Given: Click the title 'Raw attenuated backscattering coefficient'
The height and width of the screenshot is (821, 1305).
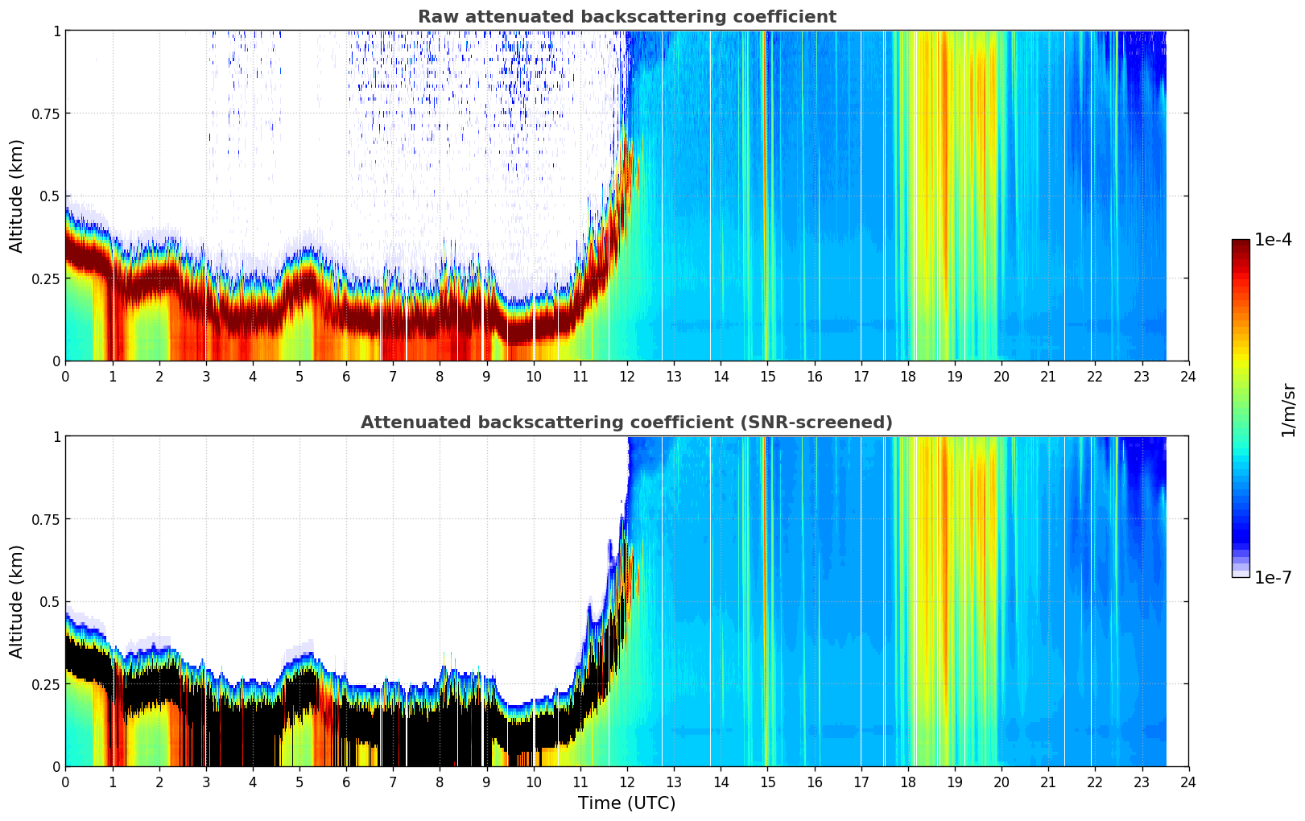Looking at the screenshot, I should [x=626, y=17].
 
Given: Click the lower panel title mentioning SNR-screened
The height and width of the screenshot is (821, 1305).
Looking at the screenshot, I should [x=626, y=423].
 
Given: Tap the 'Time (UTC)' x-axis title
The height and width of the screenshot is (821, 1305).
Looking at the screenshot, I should [x=626, y=803].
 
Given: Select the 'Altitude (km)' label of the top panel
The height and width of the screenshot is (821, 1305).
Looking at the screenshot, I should [x=17, y=196].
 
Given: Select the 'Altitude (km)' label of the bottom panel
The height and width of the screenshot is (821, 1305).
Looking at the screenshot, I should [x=17, y=601].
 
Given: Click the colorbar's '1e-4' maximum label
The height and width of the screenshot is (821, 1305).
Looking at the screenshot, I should [x=1273, y=240].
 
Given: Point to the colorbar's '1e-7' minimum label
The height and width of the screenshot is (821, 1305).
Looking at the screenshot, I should [x=1273, y=577].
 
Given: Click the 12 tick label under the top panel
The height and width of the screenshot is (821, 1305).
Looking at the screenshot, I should [x=627, y=376].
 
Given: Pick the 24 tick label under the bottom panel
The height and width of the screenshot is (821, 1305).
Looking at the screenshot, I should [x=1188, y=782].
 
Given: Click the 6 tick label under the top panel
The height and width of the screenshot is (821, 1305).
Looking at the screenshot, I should [x=346, y=376].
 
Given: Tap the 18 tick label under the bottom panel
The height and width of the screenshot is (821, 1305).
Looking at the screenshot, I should [x=907, y=782].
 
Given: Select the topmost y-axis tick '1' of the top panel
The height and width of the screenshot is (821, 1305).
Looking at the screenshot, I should [x=56, y=31].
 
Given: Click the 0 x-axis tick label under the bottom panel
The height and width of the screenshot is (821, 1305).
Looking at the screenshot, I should [x=65, y=782].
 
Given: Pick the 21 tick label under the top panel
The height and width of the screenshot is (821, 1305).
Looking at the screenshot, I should [x=1048, y=376].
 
